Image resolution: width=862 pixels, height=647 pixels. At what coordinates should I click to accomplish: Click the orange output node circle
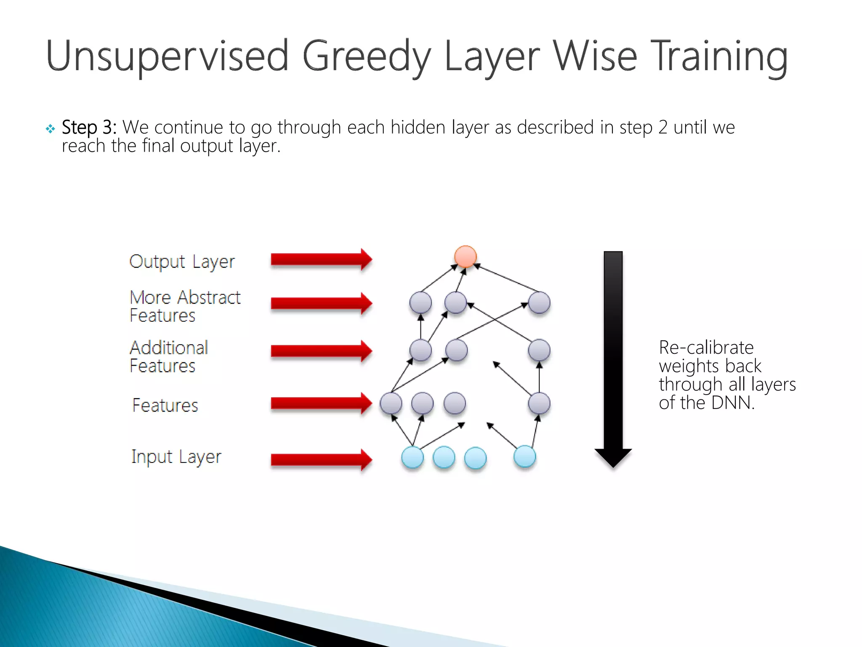[x=465, y=257]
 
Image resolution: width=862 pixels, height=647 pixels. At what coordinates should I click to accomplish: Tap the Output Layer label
[x=182, y=262]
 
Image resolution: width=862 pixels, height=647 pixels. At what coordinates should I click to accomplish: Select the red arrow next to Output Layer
[x=321, y=259]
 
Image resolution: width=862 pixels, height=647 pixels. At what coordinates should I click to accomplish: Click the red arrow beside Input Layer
[x=321, y=460]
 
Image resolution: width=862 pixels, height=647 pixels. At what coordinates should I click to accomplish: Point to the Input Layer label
[x=176, y=457]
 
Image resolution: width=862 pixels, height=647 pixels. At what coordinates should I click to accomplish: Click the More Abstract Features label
[x=184, y=306]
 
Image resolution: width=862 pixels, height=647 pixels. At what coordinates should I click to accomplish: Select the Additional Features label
[x=168, y=356]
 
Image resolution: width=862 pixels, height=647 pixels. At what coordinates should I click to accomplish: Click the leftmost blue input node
[x=412, y=457]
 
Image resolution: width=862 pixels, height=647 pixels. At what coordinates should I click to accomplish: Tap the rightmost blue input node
[x=524, y=457]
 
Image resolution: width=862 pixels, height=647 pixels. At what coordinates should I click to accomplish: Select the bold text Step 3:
[x=89, y=127]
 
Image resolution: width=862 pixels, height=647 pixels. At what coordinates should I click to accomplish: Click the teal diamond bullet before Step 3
[x=51, y=128]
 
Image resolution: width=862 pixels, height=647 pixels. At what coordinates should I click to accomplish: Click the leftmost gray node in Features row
[x=391, y=404]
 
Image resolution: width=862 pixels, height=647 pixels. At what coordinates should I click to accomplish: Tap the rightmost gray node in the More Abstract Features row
[x=539, y=303]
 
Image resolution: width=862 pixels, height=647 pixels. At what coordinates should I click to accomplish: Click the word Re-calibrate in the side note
[x=706, y=348]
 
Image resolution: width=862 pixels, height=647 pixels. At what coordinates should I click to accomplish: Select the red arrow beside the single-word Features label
[x=321, y=404]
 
